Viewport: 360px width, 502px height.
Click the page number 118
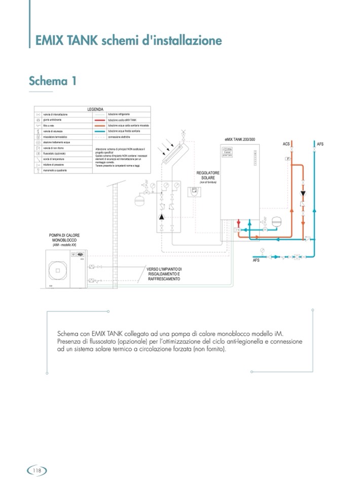[x=37, y=471]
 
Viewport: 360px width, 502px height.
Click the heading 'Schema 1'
[x=53, y=81]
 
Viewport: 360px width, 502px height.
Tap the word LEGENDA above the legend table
[x=95, y=109]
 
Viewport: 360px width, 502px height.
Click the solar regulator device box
[x=194, y=191]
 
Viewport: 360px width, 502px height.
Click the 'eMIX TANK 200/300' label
[x=239, y=139]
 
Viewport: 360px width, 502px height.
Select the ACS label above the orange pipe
[x=286, y=144]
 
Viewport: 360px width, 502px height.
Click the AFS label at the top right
[x=320, y=144]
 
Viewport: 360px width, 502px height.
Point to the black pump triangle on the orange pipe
[x=303, y=193]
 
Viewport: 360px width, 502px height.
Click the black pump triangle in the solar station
[x=162, y=216]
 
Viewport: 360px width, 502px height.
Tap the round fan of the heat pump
[x=58, y=271]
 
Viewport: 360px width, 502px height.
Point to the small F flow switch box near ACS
[x=287, y=159]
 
